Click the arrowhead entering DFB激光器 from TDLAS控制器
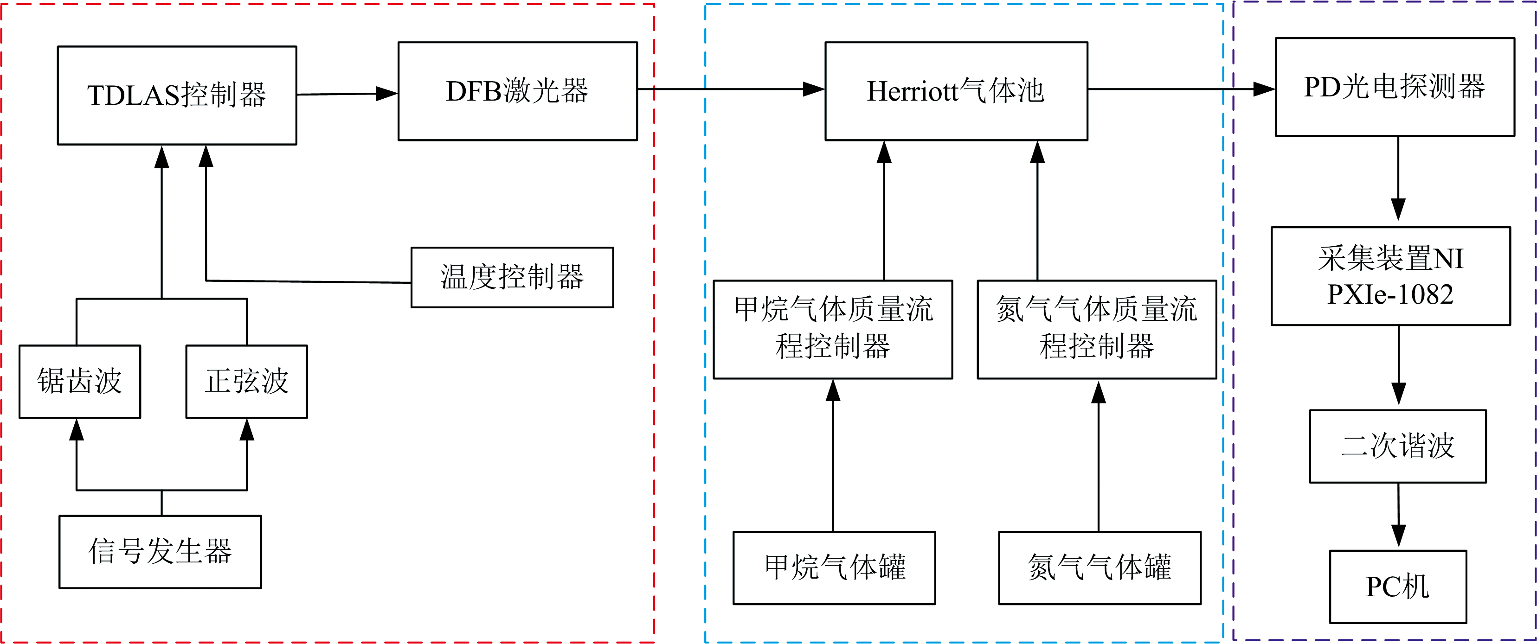[x=386, y=93]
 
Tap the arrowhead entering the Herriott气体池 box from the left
[x=814, y=89]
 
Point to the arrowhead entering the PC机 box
[x=1399, y=536]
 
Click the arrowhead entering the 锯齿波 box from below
[x=77, y=429]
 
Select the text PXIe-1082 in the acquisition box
[x=1390, y=294]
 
